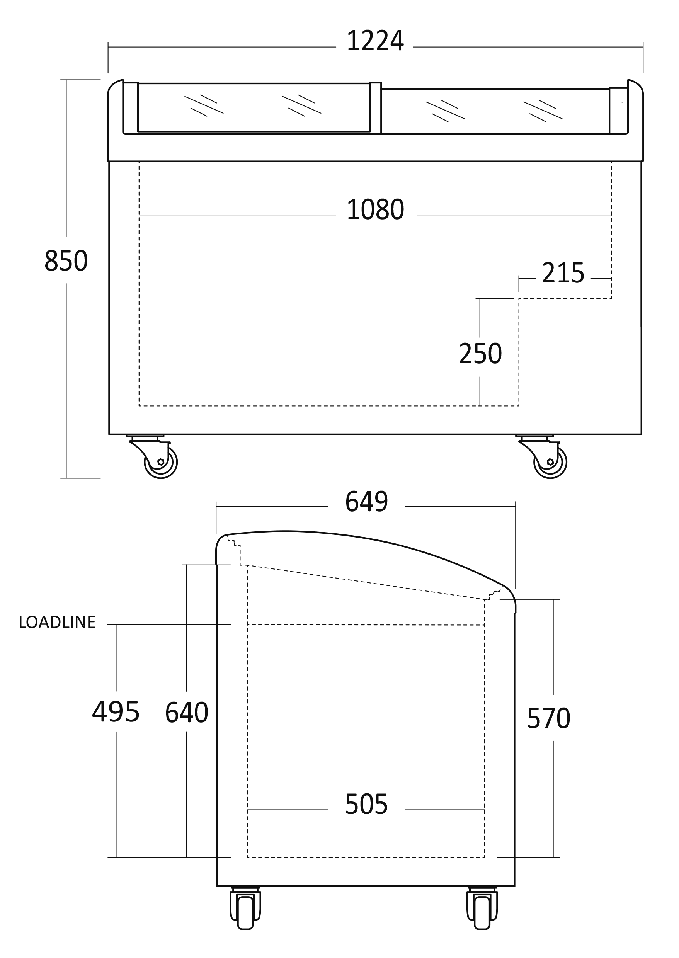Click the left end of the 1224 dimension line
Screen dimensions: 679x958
click(x=108, y=47)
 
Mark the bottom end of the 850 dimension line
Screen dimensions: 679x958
click(x=66, y=478)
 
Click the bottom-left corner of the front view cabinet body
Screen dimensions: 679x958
click(x=109, y=434)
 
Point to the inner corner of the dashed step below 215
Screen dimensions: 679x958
click(x=519, y=298)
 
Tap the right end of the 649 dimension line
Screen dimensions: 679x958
click(x=516, y=507)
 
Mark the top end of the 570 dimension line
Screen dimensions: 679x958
click(x=553, y=599)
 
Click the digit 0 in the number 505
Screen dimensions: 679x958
click(x=367, y=805)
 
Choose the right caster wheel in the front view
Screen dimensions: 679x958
click(x=551, y=462)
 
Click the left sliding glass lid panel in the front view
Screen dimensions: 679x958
click(x=254, y=107)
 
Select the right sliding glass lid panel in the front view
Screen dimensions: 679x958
click(x=495, y=112)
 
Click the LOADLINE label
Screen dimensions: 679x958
click(x=57, y=622)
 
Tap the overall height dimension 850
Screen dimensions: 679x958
click(x=66, y=260)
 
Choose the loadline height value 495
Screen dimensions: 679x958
click(x=116, y=712)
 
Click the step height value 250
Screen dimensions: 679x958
click(x=480, y=354)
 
